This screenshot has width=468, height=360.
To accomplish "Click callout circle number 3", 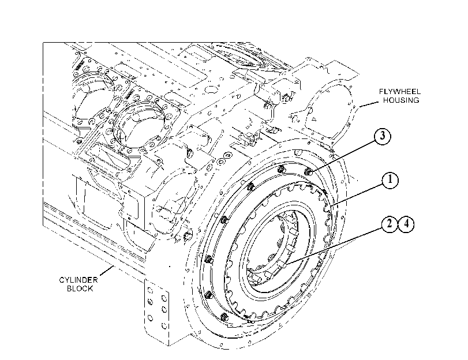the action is [x=382, y=136].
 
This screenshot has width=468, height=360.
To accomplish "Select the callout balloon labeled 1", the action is [x=390, y=180].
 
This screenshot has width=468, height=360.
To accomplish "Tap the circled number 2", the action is [x=389, y=224].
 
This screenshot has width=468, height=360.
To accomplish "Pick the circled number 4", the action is [x=406, y=224].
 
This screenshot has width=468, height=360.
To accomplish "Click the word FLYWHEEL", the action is [x=400, y=91].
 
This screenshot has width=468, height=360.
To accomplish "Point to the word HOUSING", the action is [x=401, y=100].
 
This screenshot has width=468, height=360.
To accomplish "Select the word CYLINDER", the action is [x=78, y=280].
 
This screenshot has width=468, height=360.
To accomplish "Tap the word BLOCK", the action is [x=80, y=288].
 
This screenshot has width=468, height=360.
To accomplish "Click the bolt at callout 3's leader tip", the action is [x=308, y=172].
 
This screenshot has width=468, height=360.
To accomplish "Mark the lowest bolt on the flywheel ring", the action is [x=224, y=317].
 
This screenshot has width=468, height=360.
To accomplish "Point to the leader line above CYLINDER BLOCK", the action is [x=107, y=271].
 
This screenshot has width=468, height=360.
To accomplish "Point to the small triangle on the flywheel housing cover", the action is [x=313, y=119].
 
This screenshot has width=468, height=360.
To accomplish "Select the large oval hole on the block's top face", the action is [x=211, y=89].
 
